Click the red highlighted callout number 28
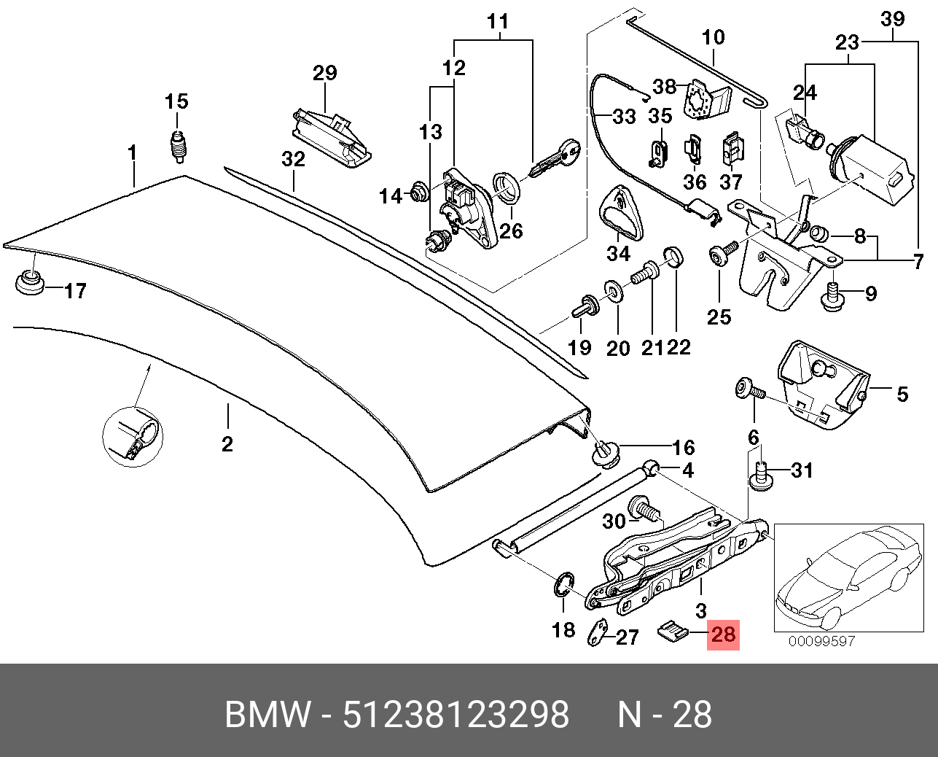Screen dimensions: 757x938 [x=724, y=634]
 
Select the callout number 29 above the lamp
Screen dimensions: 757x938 [x=325, y=74]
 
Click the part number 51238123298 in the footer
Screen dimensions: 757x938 [x=456, y=715]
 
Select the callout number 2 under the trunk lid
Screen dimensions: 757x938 [x=227, y=443]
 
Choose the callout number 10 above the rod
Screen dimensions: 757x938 [x=714, y=37]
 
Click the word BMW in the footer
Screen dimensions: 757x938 [x=267, y=715]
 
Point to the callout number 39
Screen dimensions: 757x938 [x=892, y=18]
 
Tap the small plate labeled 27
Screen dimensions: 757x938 [x=598, y=632]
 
